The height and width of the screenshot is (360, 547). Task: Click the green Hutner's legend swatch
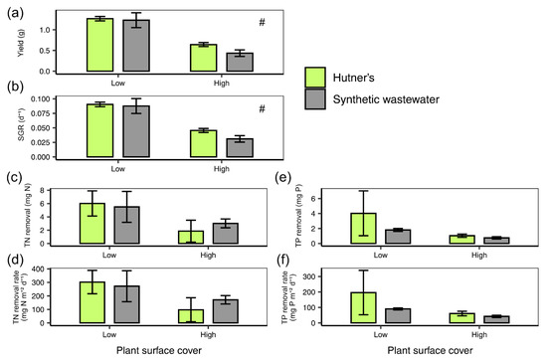click(x=315, y=78)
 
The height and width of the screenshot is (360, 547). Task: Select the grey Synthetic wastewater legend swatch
click(x=315, y=99)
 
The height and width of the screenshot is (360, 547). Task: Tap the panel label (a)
click(x=15, y=13)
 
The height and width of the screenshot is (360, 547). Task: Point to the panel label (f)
click(x=284, y=260)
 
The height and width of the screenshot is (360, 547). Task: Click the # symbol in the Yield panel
click(x=262, y=23)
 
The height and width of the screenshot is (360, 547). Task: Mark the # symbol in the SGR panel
click(x=262, y=108)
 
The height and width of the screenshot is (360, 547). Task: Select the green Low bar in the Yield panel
click(x=100, y=45)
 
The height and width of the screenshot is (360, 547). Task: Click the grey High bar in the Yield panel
click(x=240, y=62)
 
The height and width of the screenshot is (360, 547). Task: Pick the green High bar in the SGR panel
click(x=203, y=143)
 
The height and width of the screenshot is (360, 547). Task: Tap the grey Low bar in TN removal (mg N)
click(x=126, y=225)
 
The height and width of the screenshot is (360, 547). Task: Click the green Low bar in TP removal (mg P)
click(x=363, y=229)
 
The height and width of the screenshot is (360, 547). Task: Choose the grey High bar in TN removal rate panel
click(x=226, y=311)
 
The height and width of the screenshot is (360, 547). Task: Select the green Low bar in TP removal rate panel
click(x=363, y=307)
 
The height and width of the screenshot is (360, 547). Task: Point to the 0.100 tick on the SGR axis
click(x=40, y=99)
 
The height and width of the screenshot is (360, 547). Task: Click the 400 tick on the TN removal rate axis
click(x=39, y=269)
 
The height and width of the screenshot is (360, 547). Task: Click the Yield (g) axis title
click(x=21, y=43)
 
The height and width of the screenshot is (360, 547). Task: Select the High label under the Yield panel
click(x=222, y=84)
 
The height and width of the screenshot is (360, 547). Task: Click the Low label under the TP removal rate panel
click(x=381, y=334)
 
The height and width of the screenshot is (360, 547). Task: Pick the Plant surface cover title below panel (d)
click(x=159, y=351)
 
